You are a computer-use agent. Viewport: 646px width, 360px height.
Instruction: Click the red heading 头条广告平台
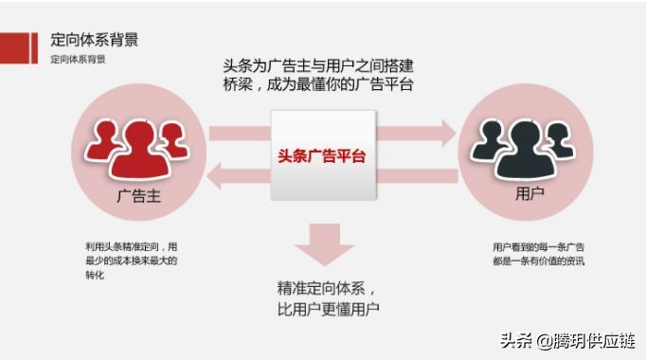(x=322, y=155)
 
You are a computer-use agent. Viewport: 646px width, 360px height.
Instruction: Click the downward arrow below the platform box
(x=322, y=243)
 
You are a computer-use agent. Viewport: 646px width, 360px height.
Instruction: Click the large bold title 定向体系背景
(x=96, y=41)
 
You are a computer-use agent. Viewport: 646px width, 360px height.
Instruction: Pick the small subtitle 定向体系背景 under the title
(x=78, y=60)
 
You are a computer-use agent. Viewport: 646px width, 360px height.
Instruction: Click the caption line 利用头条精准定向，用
(x=131, y=246)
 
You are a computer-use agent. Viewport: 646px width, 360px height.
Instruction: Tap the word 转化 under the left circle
(x=94, y=275)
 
